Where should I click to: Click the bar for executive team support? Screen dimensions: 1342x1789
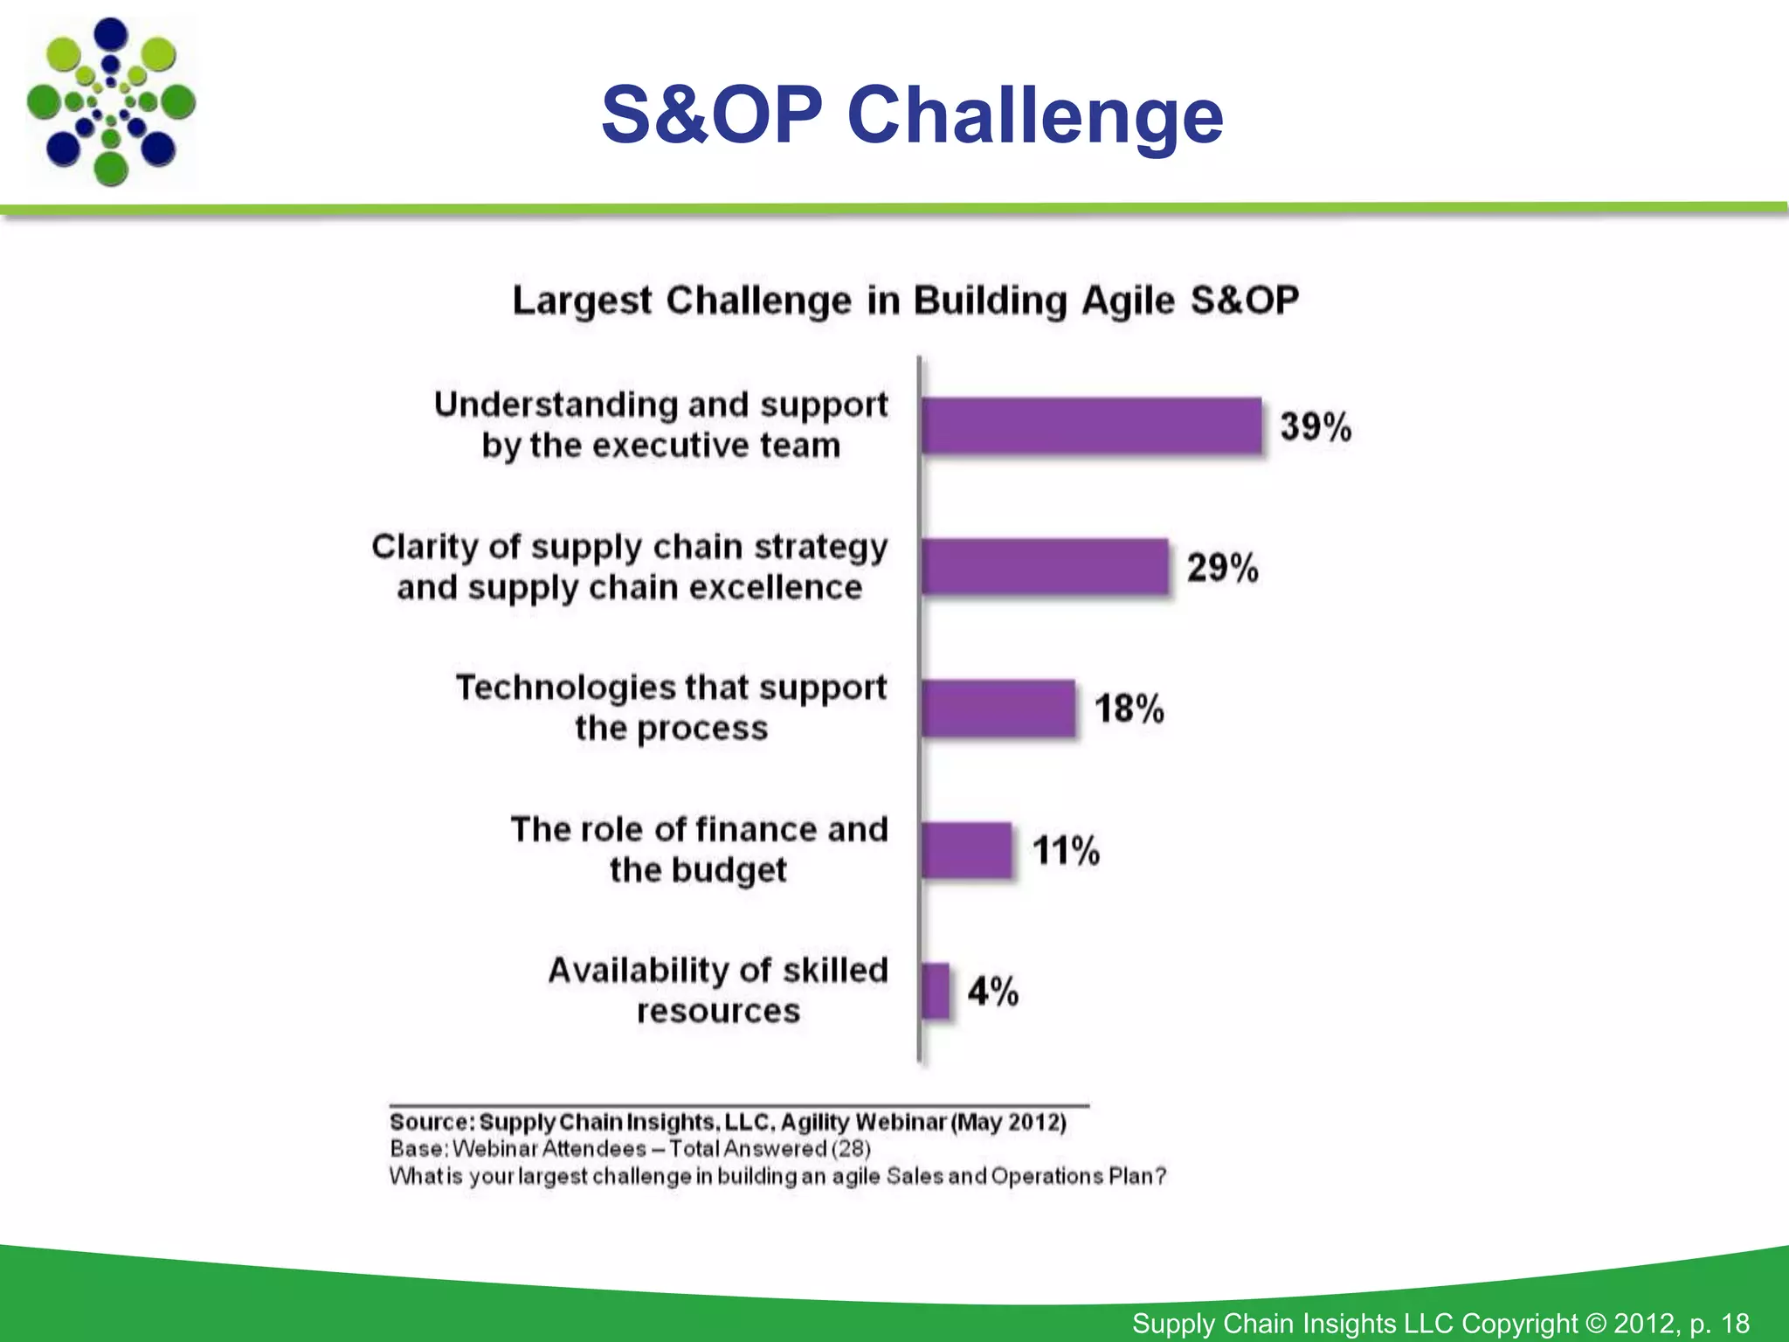(x=1091, y=425)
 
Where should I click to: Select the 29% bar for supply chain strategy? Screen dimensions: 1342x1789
(x=1045, y=567)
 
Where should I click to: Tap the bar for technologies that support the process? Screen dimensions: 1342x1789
(x=998, y=709)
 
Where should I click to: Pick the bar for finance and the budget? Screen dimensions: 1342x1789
(x=966, y=850)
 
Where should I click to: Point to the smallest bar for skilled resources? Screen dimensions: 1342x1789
(x=936, y=991)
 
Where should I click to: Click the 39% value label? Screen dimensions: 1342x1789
(x=1316, y=427)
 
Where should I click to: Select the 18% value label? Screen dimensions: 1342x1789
(x=1129, y=709)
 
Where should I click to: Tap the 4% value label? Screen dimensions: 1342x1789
(x=992, y=992)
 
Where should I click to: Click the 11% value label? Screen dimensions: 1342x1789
(x=1066, y=850)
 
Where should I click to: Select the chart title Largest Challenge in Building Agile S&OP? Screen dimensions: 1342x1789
(x=905, y=301)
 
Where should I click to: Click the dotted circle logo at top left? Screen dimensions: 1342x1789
(x=111, y=102)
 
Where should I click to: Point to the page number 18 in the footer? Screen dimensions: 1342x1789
(x=1735, y=1323)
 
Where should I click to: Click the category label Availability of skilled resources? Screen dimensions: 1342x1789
(x=717, y=990)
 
